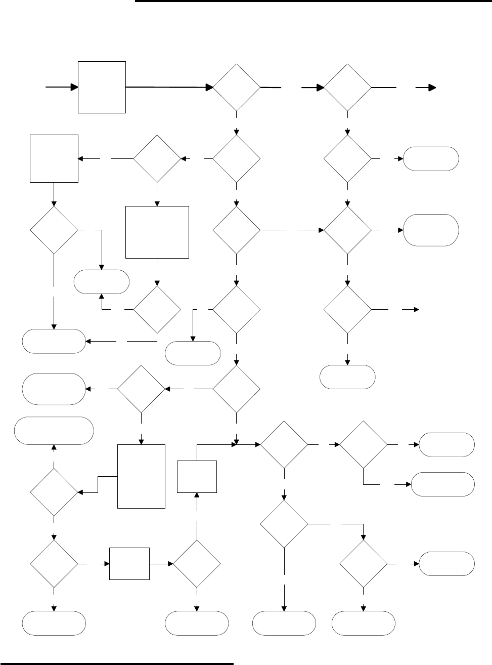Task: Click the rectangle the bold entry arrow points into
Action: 102,87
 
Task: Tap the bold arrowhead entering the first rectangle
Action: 74,87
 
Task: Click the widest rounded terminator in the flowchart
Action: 55,431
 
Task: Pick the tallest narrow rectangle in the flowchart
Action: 142,476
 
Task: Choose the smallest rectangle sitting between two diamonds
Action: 129,563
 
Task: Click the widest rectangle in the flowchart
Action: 157,232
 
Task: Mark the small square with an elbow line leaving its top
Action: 197,476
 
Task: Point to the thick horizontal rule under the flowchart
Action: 117,662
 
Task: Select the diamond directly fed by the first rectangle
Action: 237,88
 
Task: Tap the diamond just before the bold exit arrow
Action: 347,88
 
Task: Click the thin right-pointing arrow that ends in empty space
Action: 411,309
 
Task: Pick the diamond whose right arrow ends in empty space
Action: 347,309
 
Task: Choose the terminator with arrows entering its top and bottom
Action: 102,282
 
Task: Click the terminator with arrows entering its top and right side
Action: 54,341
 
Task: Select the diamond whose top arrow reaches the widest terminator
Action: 54,492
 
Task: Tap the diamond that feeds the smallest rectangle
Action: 54,563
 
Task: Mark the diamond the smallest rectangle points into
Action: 197,563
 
